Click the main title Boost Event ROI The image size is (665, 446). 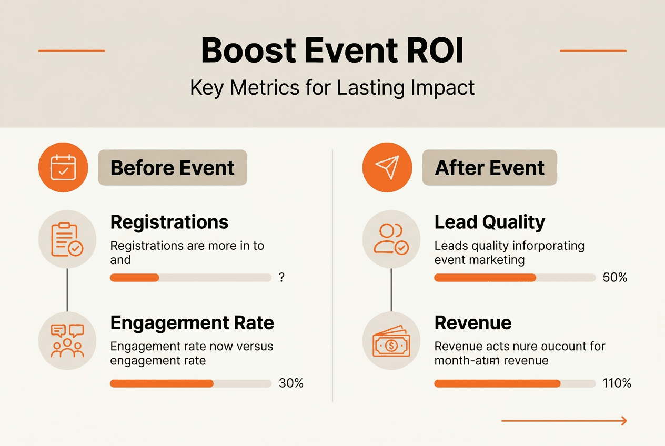point(332,51)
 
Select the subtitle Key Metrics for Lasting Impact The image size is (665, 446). point(332,87)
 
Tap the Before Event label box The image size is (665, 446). point(172,168)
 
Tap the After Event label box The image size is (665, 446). point(489,168)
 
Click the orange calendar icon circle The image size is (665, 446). point(63,167)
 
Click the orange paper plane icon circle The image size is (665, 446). point(387,167)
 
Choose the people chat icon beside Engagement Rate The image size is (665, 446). point(67,340)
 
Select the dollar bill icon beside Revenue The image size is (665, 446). point(391,340)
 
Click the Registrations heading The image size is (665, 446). point(169,222)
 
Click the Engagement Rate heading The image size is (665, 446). point(192,322)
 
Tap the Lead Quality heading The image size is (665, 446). point(489,222)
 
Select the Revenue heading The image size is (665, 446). point(473,322)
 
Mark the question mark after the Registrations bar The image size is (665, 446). point(282,278)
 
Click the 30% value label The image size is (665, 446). point(291,383)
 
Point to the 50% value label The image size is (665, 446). point(615,278)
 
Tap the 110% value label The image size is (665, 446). point(617,383)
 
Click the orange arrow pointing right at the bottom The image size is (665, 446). point(564,421)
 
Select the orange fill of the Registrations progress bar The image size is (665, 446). point(134,278)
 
